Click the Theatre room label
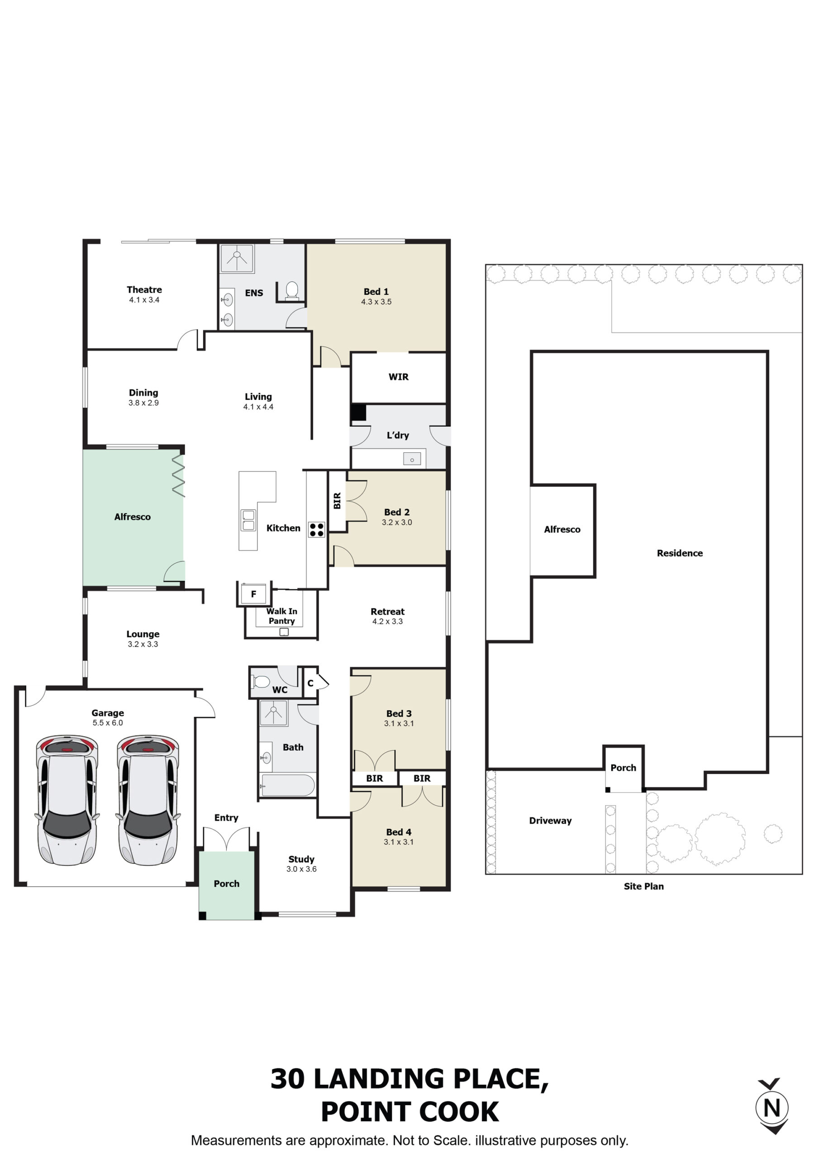[144, 289]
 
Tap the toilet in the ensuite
[292, 291]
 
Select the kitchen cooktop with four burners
[316, 530]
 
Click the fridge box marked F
[253, 594]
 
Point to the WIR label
[398, 377]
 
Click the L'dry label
[398, 435]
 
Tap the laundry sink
[412, 460]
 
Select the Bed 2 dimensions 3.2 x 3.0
[397, 522]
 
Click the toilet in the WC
[261, 682]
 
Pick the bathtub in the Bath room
[288, 785]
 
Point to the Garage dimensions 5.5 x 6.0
[108, 723]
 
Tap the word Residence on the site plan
[680, 553]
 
